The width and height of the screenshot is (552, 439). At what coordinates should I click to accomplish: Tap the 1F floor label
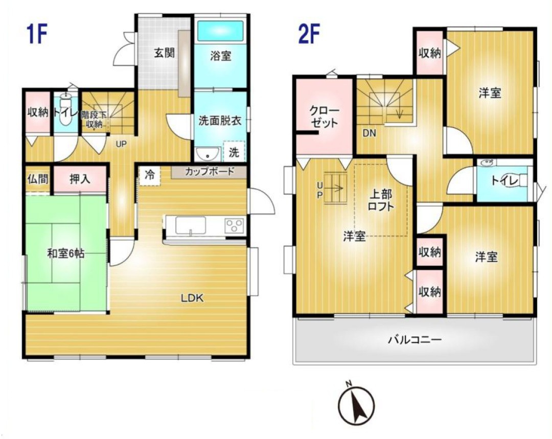36,34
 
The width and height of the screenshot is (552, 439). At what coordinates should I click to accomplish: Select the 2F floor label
308,34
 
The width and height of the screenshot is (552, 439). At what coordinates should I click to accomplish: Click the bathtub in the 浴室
220,31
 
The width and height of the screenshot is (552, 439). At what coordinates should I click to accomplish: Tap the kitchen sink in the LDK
191,225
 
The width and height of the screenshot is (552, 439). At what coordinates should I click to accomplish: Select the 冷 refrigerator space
150,175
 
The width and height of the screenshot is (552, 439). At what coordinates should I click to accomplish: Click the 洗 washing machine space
234,152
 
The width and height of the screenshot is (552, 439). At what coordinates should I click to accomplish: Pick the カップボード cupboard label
209,172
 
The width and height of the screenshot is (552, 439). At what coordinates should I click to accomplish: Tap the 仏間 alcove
38,179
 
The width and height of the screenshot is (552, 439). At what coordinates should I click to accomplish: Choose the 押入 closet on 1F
80,179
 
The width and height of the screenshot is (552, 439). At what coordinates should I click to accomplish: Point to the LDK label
192,298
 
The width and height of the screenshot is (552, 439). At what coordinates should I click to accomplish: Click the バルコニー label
415,340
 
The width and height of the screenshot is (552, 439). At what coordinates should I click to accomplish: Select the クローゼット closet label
324,117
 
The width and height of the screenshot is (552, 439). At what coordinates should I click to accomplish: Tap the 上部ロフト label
381,200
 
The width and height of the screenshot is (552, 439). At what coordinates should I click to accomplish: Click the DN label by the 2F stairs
370,133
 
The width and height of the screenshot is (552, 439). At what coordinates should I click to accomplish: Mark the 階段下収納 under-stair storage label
94,120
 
